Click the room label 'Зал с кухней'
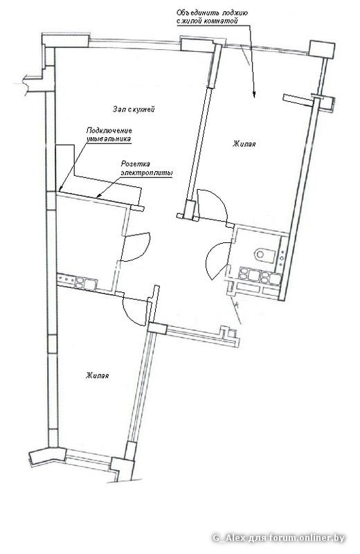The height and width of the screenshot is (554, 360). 134,109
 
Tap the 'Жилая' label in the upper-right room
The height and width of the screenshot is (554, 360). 244,144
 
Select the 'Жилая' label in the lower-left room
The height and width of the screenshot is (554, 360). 97,375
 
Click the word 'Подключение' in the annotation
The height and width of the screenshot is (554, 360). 109,131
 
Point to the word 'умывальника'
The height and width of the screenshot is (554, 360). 108,139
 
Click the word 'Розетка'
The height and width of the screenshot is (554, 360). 135,164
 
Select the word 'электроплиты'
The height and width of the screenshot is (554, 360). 147,173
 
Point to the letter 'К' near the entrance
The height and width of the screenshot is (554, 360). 237,303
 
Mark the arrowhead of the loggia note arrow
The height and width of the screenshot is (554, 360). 254,94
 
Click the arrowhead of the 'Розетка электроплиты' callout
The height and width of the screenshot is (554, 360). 99,195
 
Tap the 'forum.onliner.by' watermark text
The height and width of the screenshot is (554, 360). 307,538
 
